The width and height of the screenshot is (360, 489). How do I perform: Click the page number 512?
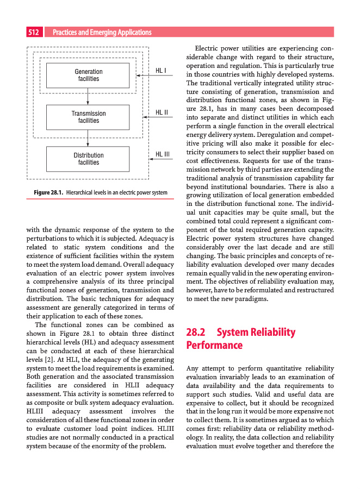tap(34, 33)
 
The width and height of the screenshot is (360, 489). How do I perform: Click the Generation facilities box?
tap(88, 75)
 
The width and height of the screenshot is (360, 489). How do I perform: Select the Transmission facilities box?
tap(88, 117)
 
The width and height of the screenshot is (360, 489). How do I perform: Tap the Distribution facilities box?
tap(88, 159)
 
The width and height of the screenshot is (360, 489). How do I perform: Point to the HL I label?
tap(161, 70)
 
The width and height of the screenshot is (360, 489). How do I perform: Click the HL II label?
tap(162, 112)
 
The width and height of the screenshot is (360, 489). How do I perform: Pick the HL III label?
tap(163, 154)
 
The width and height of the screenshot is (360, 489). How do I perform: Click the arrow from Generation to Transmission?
tap(88, 96)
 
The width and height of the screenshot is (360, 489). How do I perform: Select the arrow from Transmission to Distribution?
tap(88, 138)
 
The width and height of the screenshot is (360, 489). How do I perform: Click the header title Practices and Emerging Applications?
tap(102, 33)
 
